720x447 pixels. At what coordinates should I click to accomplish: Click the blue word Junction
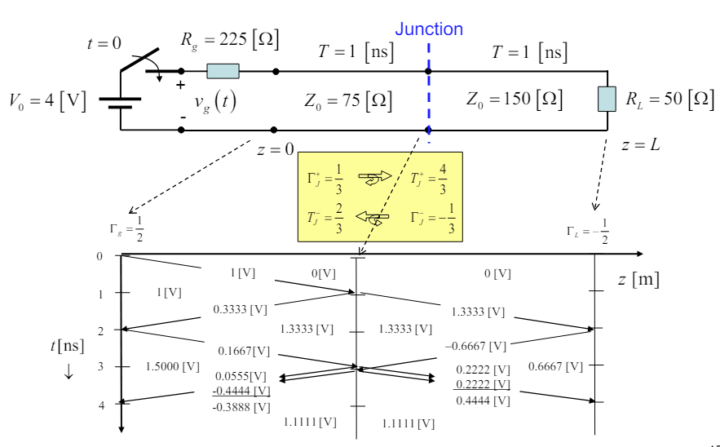(429, 29)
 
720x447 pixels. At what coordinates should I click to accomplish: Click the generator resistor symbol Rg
(223, 71)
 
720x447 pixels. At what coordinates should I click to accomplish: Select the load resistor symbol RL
(606, 99)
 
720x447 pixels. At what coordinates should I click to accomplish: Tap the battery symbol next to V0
(120, 100)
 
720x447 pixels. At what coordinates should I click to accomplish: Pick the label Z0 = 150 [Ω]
(515, 99)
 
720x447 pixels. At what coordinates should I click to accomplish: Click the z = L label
(638, 145)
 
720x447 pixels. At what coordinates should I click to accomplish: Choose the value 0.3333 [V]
(240, 310)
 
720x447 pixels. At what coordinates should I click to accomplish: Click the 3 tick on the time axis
(101, 367)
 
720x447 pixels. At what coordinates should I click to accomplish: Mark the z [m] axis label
(638, 280)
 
